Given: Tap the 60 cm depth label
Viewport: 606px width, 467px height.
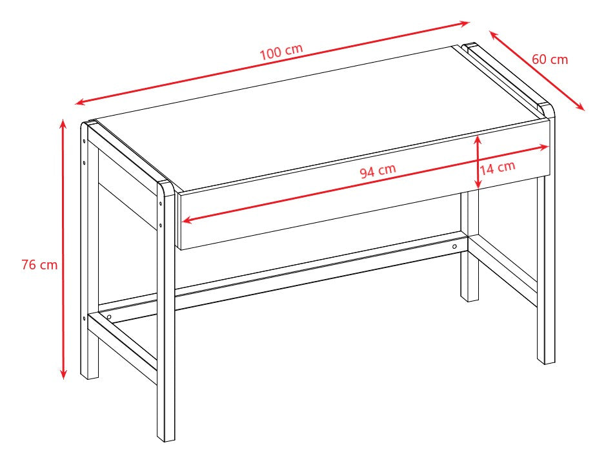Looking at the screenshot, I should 550,59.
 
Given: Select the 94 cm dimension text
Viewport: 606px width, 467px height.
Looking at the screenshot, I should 378,172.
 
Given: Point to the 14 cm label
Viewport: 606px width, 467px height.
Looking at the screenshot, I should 498,167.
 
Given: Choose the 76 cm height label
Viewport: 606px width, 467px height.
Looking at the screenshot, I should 39,265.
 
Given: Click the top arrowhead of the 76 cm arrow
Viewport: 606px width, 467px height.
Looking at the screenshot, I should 63,123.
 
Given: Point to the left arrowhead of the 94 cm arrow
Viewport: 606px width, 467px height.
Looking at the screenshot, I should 187,220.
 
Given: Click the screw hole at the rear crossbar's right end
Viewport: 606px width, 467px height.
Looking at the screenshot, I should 454,247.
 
